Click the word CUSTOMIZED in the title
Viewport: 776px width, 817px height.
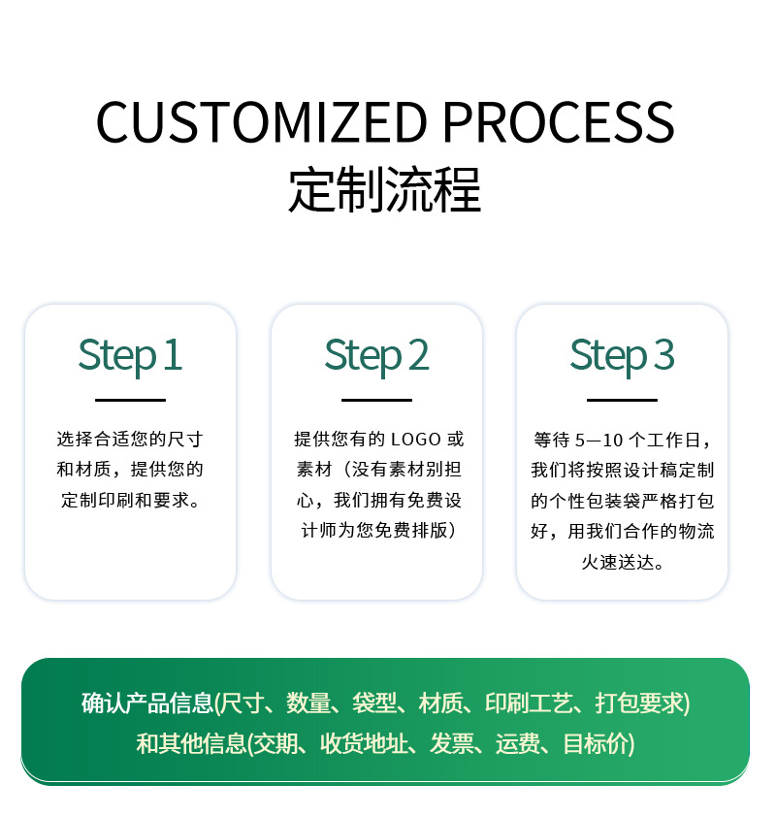coord(262,122)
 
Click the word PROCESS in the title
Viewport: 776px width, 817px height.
coord(558,122)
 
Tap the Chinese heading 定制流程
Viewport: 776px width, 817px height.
coord(385,190)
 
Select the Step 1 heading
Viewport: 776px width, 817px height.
coord(130,355)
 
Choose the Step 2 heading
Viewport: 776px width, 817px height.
coord(376,355)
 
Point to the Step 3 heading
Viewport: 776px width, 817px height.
coord(622,355)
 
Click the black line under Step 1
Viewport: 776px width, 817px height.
coord(130,400)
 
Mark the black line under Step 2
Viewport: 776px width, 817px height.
coord(376,400)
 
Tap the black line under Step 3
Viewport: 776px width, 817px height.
coord(622,400)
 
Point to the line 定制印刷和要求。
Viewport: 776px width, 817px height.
coord(130,501)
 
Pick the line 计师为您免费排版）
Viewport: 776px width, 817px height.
coord(376,531)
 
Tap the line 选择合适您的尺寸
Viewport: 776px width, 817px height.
coord(130,440)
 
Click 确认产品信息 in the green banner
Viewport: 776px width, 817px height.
coord(146,703)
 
